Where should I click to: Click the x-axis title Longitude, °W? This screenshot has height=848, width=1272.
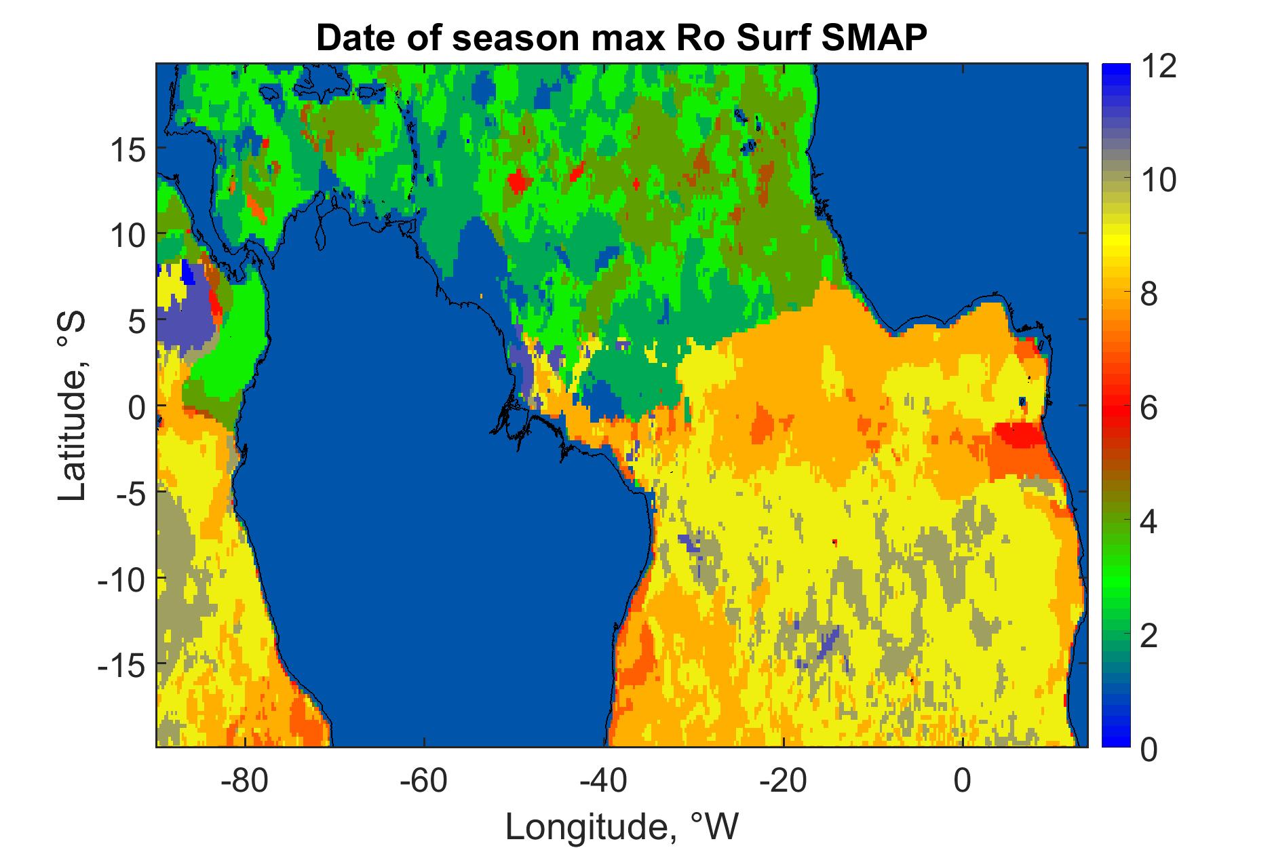(x=621, y=826)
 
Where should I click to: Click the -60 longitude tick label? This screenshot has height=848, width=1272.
(x=424, y=781)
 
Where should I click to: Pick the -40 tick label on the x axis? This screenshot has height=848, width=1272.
(x=603, y=781)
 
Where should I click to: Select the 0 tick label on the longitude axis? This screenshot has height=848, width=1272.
(x=963, y=781)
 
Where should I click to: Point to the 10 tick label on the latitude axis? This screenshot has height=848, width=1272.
(x=128, y=234)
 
